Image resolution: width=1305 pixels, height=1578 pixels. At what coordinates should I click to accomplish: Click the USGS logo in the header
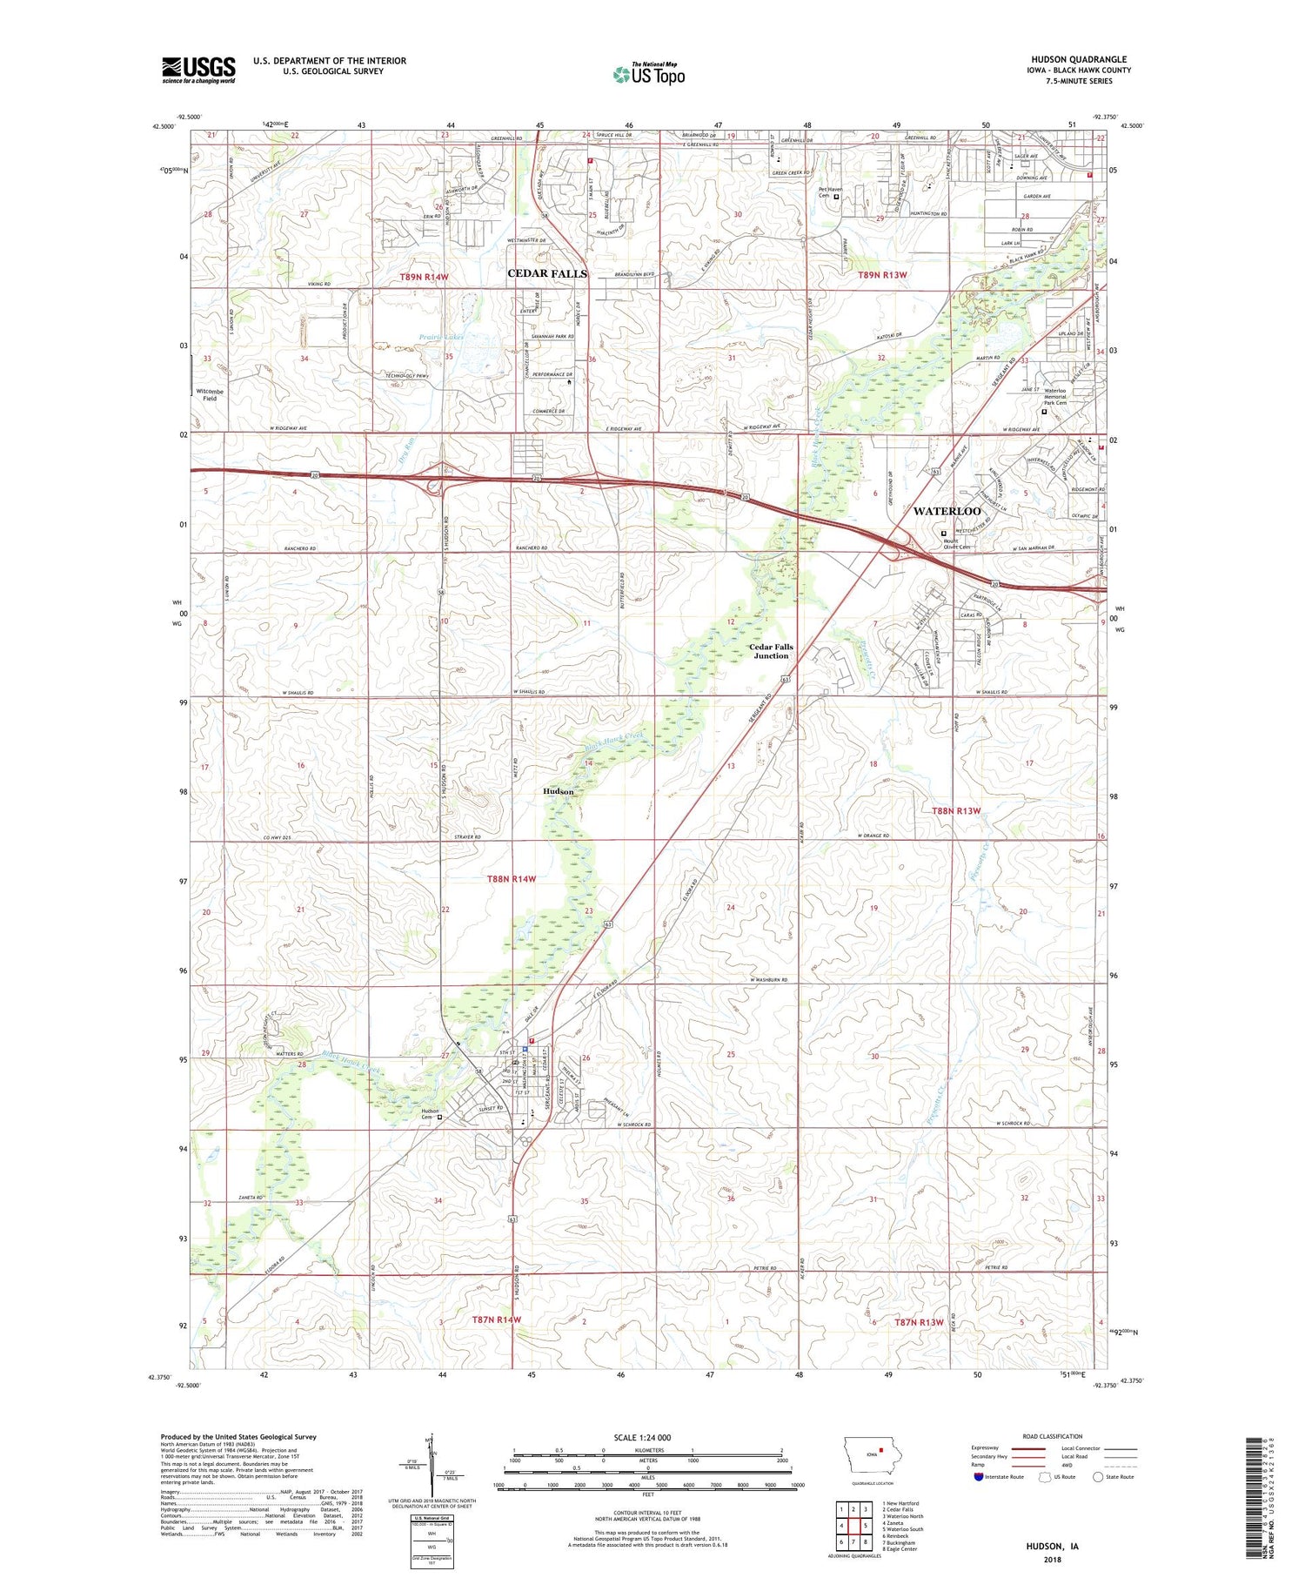coord(198,70)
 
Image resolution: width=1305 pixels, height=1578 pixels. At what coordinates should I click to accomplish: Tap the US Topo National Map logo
coord(648,74)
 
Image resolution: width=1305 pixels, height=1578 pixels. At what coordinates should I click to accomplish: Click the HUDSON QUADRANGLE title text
coord(1067,59)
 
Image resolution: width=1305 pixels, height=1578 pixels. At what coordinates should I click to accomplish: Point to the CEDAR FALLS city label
coord(547,273)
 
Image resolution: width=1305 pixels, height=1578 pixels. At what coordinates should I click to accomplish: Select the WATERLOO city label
coord(947,511)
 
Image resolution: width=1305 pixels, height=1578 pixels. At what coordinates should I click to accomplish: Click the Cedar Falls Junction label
coord(771,651)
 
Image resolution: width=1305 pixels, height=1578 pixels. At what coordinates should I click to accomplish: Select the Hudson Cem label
coord(429,1114)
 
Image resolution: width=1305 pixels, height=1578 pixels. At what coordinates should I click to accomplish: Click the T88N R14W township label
coord(511,879)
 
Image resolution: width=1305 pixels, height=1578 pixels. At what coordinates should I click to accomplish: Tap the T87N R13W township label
coord(919,1322)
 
